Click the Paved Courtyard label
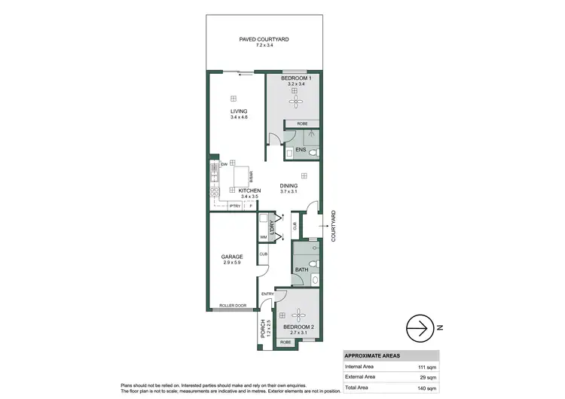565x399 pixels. click(x=264, y=41)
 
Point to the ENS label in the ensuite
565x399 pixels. click(x=300, y=151)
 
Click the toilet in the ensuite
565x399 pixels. click(x=315, y=152)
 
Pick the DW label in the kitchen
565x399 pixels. click(x=224, y=165)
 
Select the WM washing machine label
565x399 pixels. click(x=264, y=238)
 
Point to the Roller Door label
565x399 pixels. click(x=233, y=305)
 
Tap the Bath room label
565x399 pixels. click(x=301, y=269)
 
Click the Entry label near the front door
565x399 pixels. click(x=267, y=294)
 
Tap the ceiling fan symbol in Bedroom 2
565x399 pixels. click(x=300, y=316)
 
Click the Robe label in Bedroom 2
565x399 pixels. click(x=286, y=342)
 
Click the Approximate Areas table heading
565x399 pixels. click(x=371, y=355)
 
